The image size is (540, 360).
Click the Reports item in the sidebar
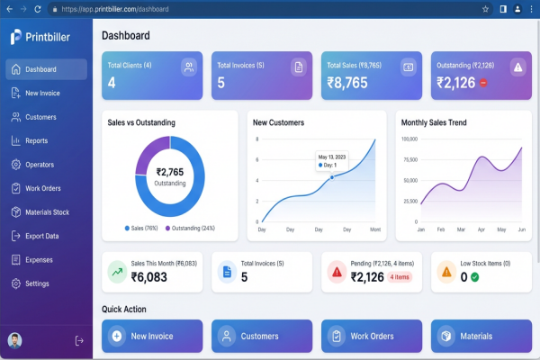click(36, 140)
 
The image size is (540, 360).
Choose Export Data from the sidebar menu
click(41, 236)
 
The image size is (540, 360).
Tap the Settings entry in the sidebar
click(37, 283)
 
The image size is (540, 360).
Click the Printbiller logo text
click(54, 38)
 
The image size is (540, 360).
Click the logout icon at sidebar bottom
click(79, 340)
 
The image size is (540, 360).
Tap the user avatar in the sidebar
click(14, 340)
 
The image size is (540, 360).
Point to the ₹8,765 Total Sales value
click(346, 82)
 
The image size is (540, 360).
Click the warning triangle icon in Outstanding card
click(517, 67)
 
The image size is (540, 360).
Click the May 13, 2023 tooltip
click(332, 160)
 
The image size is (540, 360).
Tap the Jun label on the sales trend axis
click(520, 230)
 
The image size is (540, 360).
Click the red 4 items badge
click(400, 277)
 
